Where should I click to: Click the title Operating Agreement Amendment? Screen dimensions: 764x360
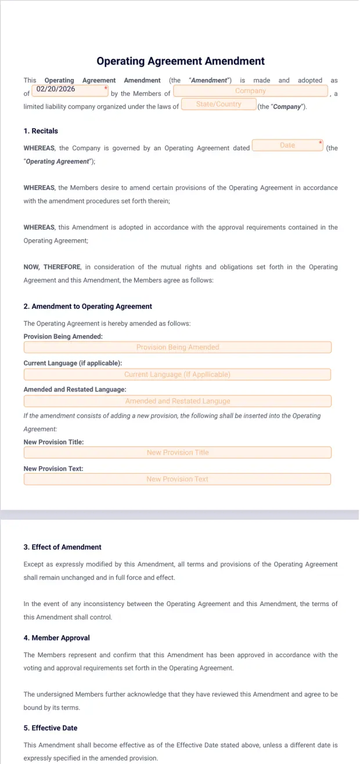click(180, 61)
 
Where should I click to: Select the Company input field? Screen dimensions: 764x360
click(250, 91)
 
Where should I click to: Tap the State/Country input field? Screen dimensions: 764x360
click(218, 104)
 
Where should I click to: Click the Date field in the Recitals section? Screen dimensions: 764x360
click(287, 145)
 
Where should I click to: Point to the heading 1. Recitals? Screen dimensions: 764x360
click(41, 131)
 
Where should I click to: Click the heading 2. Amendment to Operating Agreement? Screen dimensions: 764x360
click(88, 307)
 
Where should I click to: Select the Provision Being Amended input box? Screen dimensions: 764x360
click(177, 347)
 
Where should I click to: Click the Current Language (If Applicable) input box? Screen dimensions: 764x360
click(177, 374)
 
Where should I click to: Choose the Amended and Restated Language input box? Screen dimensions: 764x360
click(177, 401)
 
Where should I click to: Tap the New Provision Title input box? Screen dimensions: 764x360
click(177, 452)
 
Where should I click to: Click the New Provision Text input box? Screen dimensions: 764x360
click(177, 479)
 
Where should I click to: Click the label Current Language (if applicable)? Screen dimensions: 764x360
click(73, 363)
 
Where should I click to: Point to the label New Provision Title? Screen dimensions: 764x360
click(53, 442)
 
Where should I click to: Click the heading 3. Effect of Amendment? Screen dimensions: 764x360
click(62, 547)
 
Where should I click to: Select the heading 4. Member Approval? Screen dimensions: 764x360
click(56, 638)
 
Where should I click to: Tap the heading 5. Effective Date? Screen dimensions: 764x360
click(51, 728)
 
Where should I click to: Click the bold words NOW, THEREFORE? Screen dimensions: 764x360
click(51, 267)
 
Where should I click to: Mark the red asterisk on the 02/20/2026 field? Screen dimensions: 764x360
click(106, 88)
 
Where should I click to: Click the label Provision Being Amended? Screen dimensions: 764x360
click(63, 337)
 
